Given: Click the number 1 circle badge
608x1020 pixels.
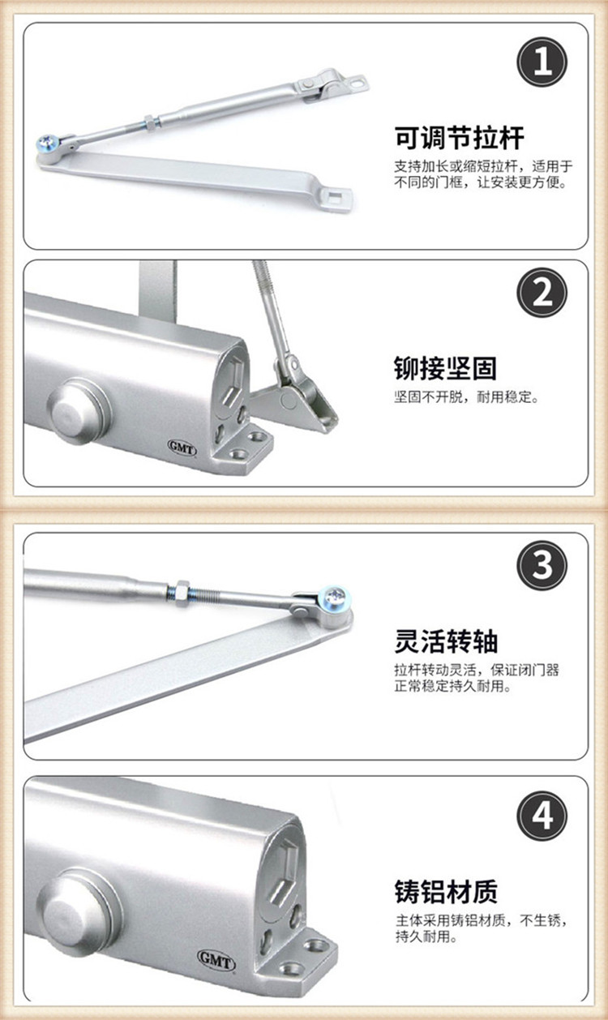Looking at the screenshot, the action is click(542, 62).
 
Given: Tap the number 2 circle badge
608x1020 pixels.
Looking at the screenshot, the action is click(542, 293).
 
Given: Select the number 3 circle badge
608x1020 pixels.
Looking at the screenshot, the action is click(542, 566).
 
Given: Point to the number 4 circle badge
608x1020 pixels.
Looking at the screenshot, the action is click(542, 816).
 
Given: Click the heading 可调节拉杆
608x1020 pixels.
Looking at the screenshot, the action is click(459, 138).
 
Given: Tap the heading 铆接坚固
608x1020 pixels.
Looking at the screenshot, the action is click(445, 368).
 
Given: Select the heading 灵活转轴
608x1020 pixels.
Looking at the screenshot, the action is click(446, 641).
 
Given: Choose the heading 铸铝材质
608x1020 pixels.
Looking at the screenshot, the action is click(446, 891).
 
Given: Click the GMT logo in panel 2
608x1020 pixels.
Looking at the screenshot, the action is click(182, 447).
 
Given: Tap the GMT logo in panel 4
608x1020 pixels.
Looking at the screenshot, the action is click(216, 960).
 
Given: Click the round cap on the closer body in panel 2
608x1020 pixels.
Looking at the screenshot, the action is click(79, 412).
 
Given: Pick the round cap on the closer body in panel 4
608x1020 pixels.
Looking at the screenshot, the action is click(79, 919).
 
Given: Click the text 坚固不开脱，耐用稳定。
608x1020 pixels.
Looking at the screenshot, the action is click(466, 397).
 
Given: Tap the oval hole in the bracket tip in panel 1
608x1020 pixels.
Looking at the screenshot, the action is click(358, 83).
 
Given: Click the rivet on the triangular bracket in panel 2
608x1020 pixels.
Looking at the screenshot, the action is click(288, 400).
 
